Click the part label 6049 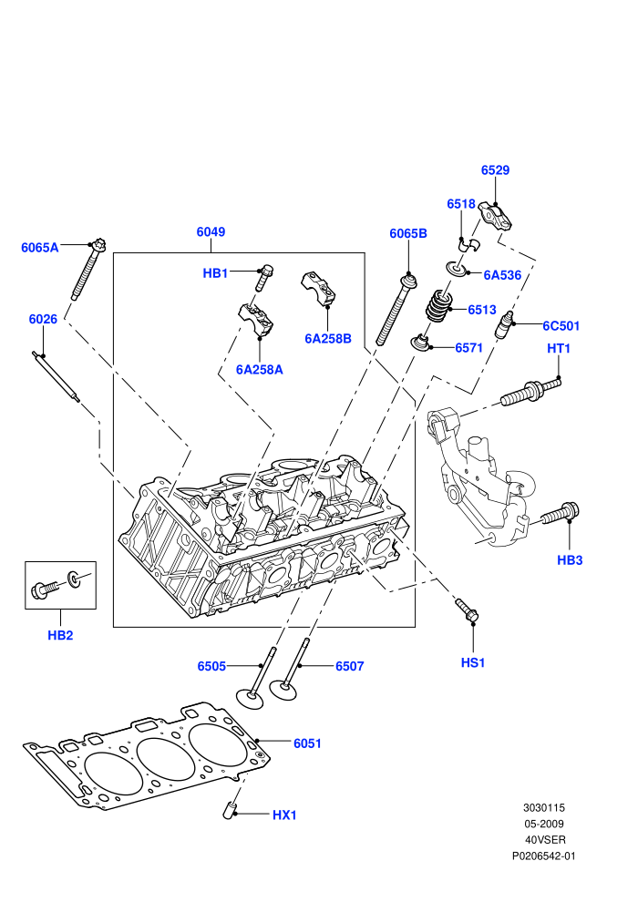211,231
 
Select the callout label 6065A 40,248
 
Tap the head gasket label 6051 307,743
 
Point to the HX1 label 284,815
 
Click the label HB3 570,560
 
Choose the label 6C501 561,326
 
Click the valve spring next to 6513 440,306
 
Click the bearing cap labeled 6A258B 318,286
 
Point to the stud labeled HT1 530,391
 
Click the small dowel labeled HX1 230,809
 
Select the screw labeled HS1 468,610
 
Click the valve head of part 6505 251,698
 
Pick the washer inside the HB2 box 74,579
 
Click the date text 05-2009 543,824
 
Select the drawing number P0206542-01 543,856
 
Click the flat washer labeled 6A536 458,268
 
